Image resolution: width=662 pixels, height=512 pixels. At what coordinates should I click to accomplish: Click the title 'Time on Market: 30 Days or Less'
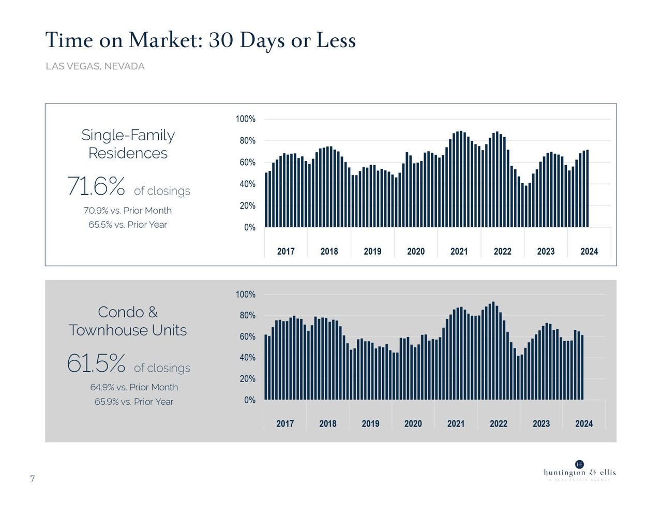(x=200, y=40)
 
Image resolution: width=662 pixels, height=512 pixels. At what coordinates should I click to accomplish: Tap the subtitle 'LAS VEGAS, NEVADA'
(x=95, y=66)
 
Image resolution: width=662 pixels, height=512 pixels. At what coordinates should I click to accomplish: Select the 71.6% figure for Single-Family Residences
(x=96, y=186)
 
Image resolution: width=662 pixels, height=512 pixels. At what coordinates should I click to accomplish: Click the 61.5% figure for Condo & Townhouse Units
(x=96, y=363)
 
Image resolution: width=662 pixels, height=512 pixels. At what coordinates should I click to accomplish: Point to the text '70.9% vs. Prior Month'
(x=128, y=211)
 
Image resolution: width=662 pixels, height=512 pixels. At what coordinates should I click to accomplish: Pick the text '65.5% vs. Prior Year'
(x=128, y=225)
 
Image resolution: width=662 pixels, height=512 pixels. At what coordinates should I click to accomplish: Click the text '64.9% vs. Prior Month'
(x=134, y=387)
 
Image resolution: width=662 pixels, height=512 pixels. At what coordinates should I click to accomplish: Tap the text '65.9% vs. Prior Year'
(x=134, y=402)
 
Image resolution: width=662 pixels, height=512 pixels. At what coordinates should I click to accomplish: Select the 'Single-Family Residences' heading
(x=128, y=144)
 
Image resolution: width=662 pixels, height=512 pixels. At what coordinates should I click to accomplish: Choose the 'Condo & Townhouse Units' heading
(x=128, y=321)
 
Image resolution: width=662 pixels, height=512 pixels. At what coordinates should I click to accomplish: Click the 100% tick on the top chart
(x=245, y=119)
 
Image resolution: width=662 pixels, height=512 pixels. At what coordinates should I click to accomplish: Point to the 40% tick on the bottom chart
(x=247, y=358)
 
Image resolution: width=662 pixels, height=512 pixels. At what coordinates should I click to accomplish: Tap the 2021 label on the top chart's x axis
(x=459, y=252)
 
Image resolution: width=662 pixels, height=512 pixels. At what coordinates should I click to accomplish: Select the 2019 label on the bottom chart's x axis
(x=370, y=424)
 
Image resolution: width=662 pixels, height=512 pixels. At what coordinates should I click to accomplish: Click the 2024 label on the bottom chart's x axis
(x=584, y=424)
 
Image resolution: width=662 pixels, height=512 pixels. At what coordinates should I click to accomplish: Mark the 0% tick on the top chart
(x=249, y=228)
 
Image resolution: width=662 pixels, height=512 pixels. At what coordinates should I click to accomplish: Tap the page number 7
(x=33, y=479)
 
